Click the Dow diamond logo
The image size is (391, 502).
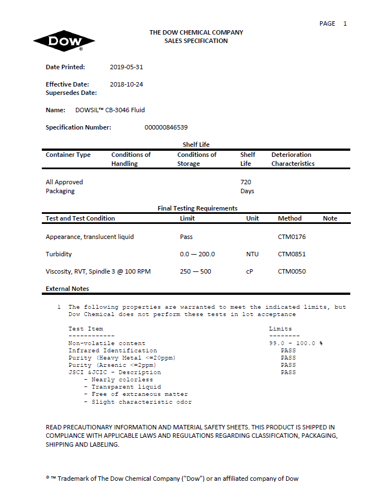click(64, 41)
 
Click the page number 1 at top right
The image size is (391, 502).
click(345, 23)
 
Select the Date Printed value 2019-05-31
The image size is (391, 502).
click(127, 67)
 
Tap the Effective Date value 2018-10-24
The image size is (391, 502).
click(127, 84)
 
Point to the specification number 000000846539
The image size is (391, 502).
click(166, 127)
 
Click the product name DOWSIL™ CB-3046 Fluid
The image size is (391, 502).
click(110, 110)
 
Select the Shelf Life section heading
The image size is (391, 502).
click(196, 145)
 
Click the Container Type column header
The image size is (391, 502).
click(68, 155)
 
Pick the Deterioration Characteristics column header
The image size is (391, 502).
click(293, 159)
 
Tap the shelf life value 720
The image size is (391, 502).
click(245, 182)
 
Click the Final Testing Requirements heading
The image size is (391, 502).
click(197, 208)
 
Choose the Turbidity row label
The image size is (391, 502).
click(59, 254)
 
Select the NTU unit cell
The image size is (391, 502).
click(252, 254)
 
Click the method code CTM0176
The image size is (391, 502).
click(292, 237)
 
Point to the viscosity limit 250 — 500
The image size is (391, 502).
click(195, 271)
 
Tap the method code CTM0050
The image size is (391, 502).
click(292, 271)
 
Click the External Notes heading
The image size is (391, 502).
click(67, 289)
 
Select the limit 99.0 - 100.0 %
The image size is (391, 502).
click(296, 343)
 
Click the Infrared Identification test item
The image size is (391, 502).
click(113, 351)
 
